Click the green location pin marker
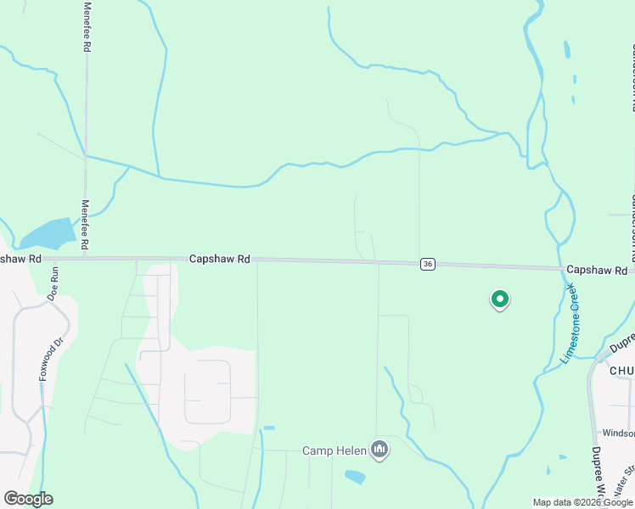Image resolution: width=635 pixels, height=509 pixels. coord(500,299)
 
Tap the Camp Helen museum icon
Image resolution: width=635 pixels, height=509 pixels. coord(379,450)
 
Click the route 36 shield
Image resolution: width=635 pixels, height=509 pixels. coord(428,265)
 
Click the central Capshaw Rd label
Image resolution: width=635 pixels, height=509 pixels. coord(219,259)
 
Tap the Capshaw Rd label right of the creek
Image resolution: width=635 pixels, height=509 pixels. coord(598,270)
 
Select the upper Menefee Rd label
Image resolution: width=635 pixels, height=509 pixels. coord(87,27)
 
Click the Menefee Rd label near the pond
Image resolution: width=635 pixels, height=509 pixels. coord(84,225)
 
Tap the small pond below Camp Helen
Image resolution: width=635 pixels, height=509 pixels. coord(355,477)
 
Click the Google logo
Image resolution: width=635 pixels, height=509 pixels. coord(28,499)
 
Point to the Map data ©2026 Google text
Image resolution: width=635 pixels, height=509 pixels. coord(583,502)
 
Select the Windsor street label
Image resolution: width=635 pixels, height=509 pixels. coord(618,433)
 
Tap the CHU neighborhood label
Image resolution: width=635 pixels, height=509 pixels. coord(621,370)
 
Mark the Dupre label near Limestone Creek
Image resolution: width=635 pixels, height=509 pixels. coord(622,343)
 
